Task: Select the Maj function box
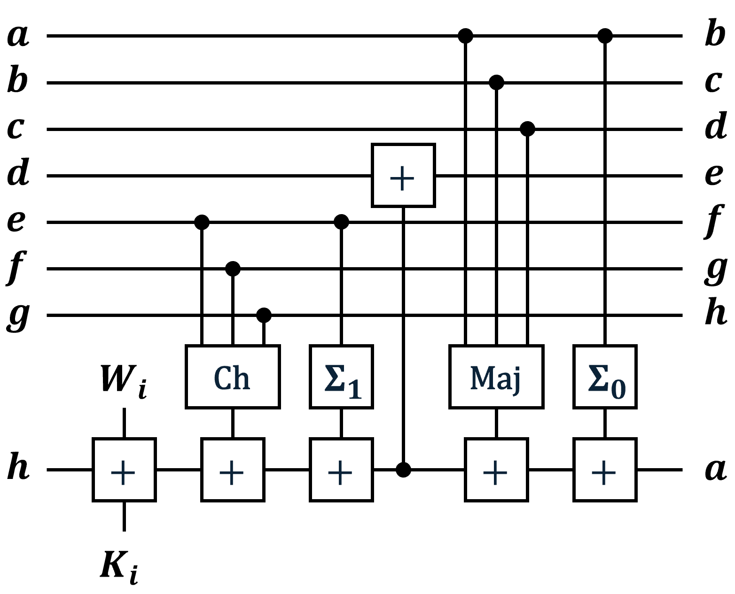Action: [496, 377]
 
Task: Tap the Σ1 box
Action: [341, 377]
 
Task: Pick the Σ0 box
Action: [605, 377]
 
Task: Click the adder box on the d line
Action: [403, 176]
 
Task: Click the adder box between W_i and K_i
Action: [124, 470]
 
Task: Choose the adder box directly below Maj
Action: [496, 470]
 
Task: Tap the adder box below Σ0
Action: [605, 470]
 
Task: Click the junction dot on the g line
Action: [264, 315]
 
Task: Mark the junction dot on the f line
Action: [233, 269]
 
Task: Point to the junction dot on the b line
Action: [496, 83]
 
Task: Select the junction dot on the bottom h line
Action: [403, 469]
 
